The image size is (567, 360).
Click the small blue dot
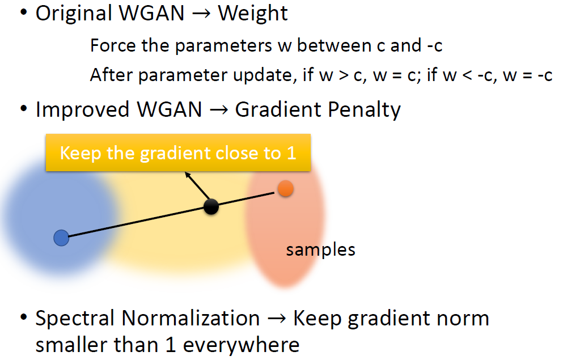[61, 238]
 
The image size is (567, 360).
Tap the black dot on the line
[211, 207]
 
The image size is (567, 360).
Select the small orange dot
[286, 189]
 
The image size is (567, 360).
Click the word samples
[320, 250]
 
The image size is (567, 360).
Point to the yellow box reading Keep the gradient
[178, 153]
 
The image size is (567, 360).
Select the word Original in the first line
[73, 14]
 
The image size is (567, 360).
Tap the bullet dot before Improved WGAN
[23, 109]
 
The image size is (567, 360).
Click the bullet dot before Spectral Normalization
[23, 318]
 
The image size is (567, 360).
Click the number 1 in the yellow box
[291, 153]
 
